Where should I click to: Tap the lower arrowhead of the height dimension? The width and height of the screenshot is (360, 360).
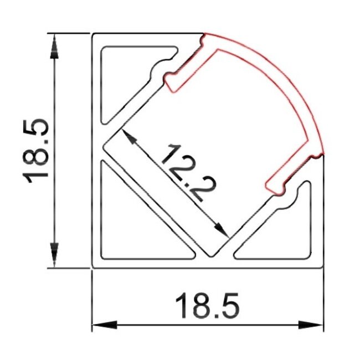[54, 257]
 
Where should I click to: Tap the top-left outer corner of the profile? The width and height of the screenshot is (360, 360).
[92, 34]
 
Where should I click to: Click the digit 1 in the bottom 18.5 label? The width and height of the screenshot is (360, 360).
[181, 305]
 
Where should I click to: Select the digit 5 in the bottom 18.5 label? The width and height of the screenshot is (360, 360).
[231, 305]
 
